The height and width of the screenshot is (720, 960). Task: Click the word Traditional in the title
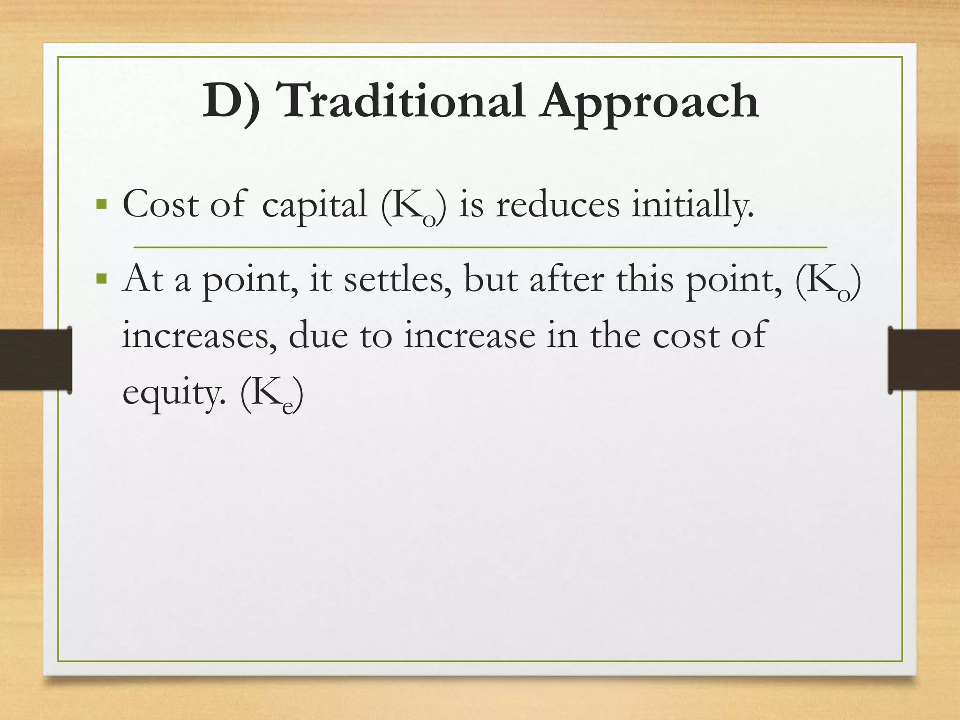[402, 101]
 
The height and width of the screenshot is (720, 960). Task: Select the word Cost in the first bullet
[160, 205]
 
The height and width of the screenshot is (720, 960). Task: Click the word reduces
[557, 205]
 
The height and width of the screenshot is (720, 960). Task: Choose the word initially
[692, 205]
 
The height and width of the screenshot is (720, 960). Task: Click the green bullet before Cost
[101, 204]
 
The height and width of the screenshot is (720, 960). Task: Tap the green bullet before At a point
[101, 279]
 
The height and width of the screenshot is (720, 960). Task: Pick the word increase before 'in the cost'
[469, 336]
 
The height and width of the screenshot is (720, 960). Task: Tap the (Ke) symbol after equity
[271, 395]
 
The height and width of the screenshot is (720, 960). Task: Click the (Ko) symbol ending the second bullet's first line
[828, 282]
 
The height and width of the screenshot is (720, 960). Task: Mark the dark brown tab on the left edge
[36, 360]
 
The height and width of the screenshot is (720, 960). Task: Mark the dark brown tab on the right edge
[924, 360]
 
